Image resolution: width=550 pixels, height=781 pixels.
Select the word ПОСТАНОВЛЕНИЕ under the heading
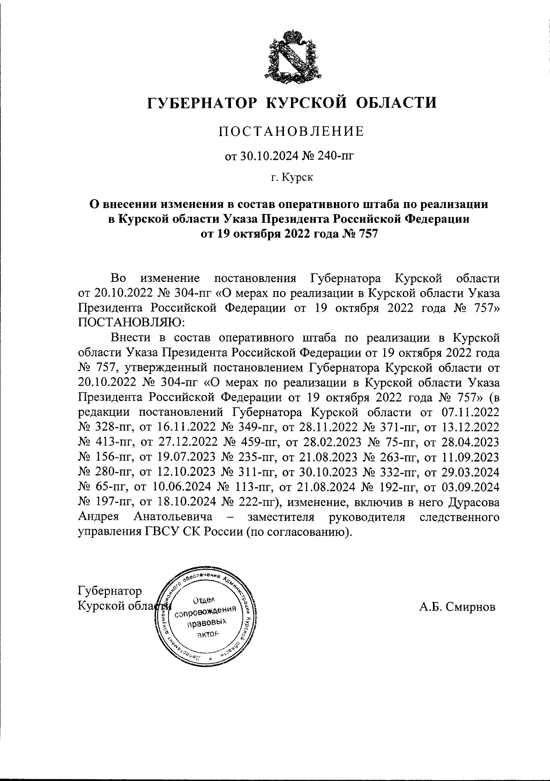coord(291,132)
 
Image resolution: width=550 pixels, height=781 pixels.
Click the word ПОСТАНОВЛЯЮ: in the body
coord(132,322)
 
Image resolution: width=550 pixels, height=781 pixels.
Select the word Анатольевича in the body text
coord(173,517)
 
